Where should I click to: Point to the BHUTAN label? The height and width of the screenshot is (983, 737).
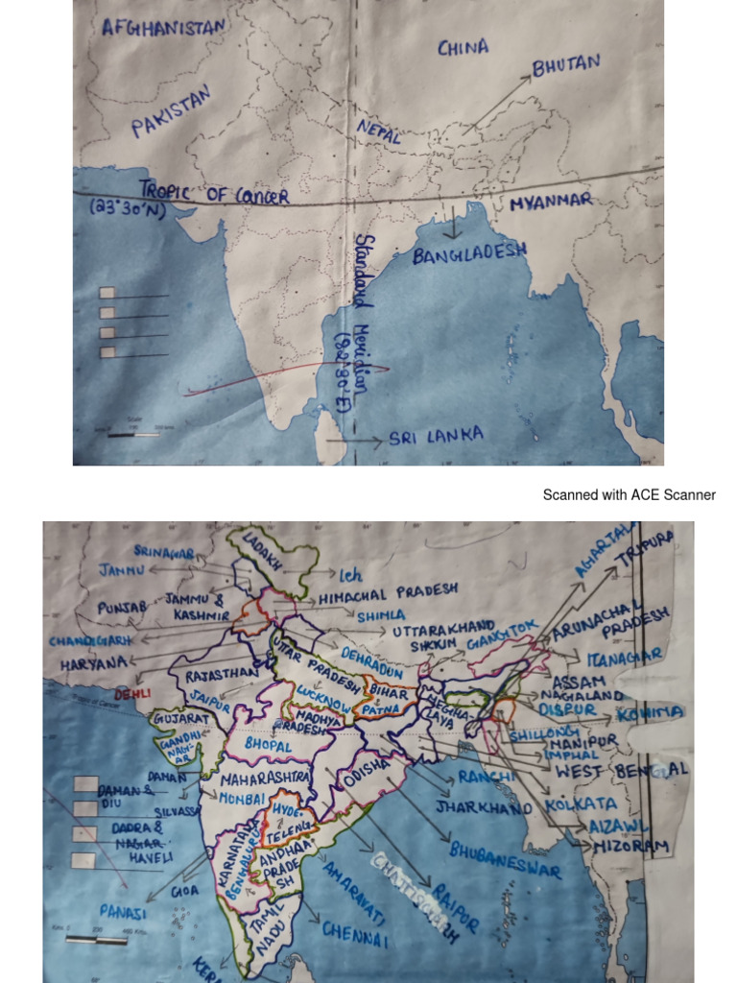pos(567,64)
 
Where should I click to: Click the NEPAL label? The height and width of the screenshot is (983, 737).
pos(378,132)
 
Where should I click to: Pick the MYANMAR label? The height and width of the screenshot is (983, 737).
pos(551,203)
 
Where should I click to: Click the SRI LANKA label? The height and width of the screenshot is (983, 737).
pos(436,438)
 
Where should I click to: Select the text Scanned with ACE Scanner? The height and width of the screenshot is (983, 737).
pos(629,495)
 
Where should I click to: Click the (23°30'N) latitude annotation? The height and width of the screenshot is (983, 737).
pos(129,208)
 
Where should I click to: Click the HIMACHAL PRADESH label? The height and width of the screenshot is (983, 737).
pos(401,591)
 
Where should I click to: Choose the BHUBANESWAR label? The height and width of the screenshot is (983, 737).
pos(504,860)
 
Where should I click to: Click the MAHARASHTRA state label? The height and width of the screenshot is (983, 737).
pos(266,775)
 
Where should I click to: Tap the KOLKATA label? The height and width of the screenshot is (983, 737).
pos(581,803)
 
